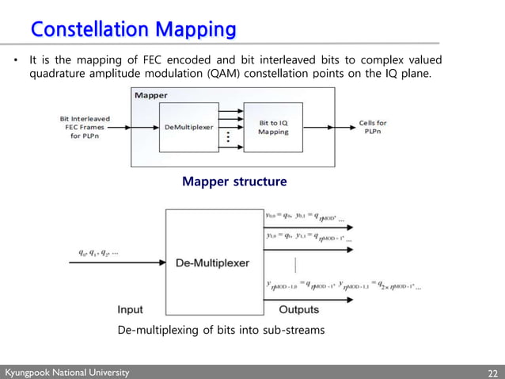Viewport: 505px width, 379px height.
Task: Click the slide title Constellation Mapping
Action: pos(133,29)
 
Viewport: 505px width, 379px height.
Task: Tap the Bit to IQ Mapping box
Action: pos(274,128)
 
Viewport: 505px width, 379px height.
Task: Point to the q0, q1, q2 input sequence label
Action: pos(99,253)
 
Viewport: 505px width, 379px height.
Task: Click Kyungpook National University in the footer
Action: pos(66,373)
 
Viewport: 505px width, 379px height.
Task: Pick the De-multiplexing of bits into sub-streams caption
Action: pos(221,329)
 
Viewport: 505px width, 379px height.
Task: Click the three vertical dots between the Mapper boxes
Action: pos(228,136)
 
